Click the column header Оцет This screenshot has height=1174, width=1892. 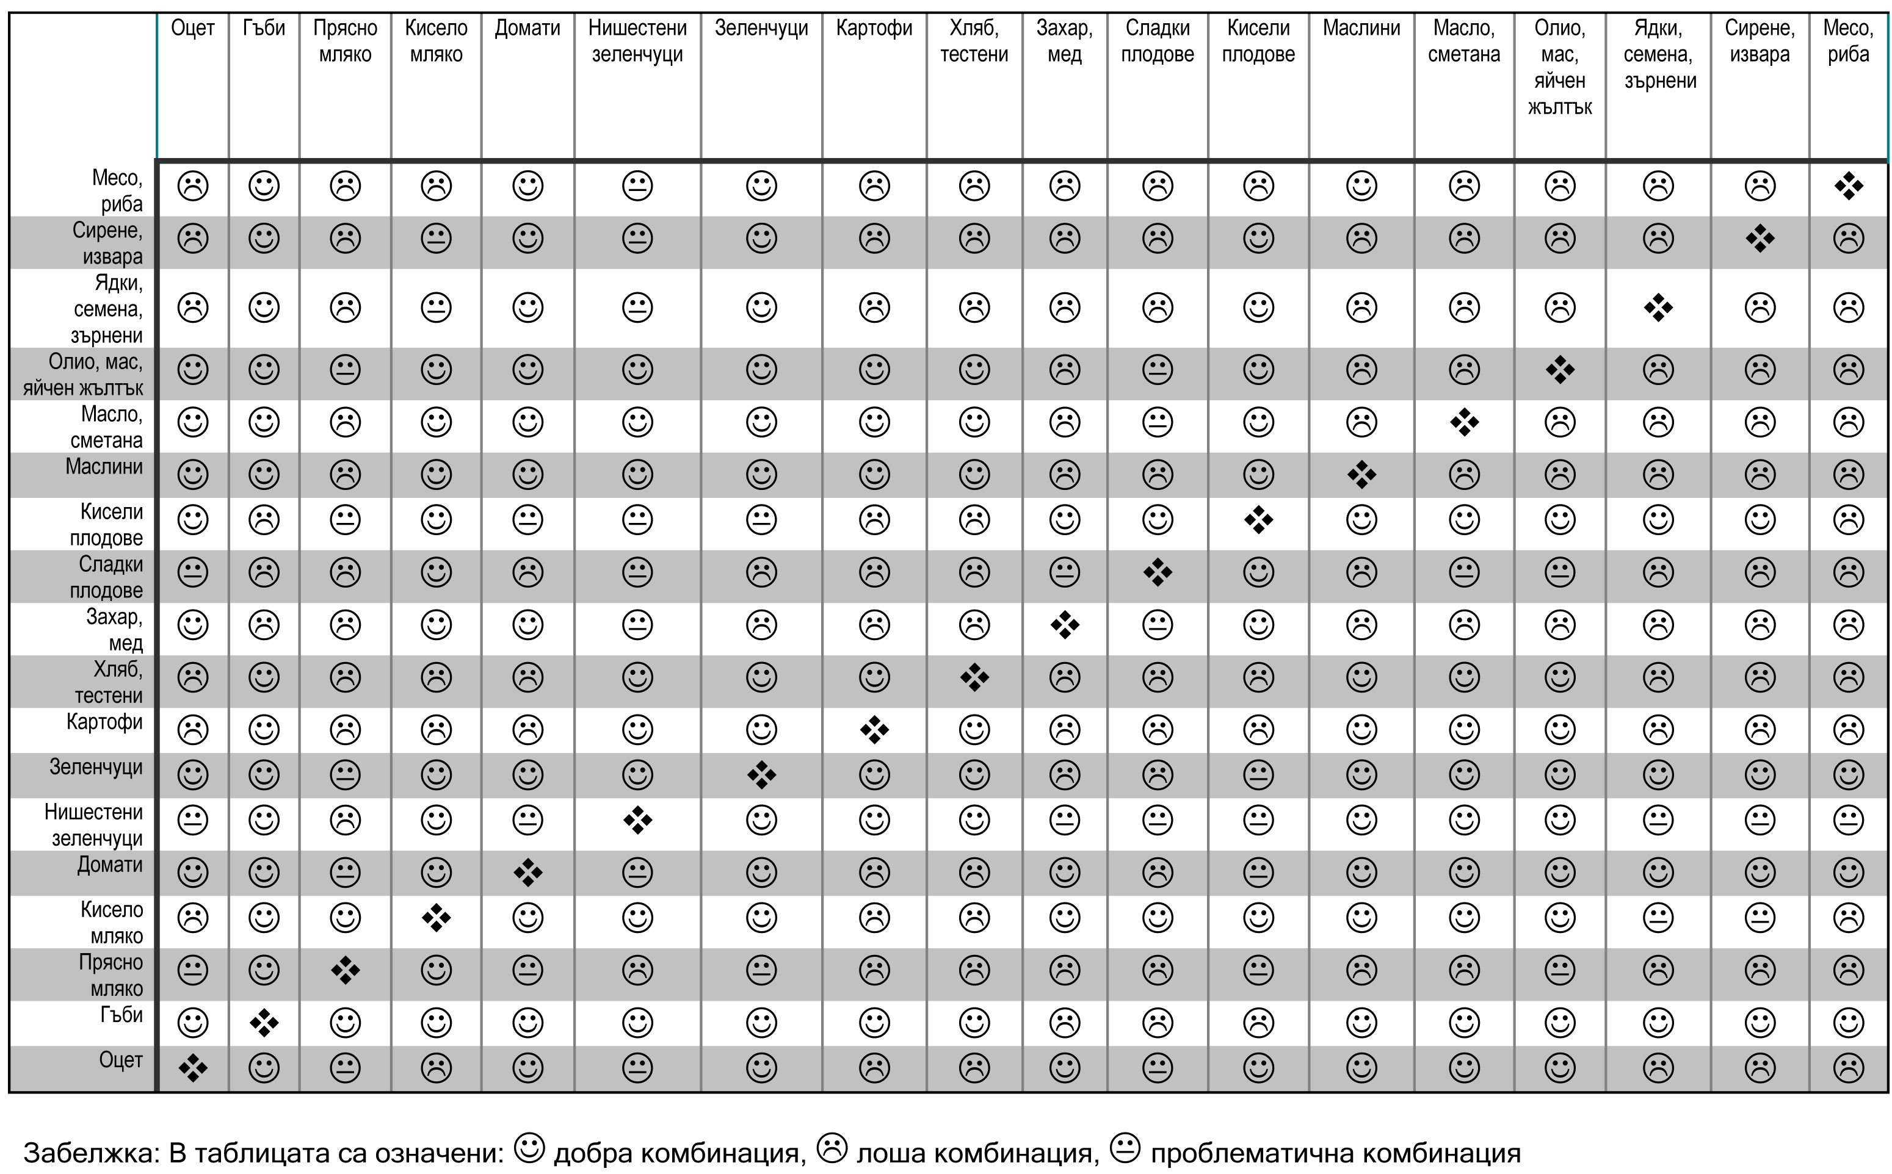[x=192, y=29]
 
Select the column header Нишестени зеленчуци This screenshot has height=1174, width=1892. [x=637, y=41]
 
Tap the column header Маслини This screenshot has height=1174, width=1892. [x=1361, y=29]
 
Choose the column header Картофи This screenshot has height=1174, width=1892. [x=874, y=29]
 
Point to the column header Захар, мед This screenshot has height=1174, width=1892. [x=1065, y=41]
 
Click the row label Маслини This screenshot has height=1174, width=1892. [x=104, y=467]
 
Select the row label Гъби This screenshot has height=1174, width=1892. [x=122, y=1015]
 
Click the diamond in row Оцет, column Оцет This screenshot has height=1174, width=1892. [x=192, y=1068]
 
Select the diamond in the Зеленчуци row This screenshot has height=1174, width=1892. [x=761, y=775]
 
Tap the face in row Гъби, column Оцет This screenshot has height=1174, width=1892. [x=192, y=1023]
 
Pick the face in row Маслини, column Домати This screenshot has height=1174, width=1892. [x=528, y=474]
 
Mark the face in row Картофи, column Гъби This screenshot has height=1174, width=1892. [x=264, y=730]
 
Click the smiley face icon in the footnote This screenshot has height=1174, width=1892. [x=531, y=1148]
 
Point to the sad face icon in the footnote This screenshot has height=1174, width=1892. [x=832, y=1148]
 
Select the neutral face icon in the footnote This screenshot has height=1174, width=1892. [x=1125, y=1148]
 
